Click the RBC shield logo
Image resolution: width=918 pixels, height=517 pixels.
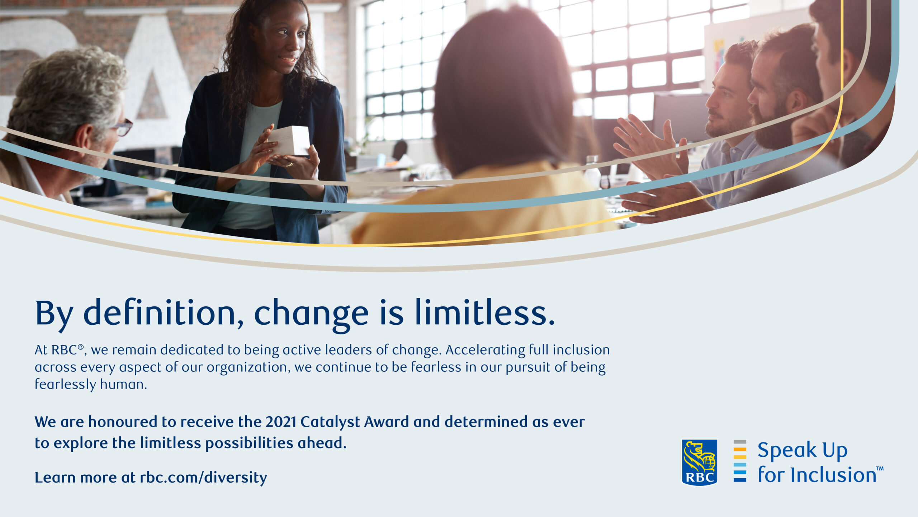[x=699, y=462]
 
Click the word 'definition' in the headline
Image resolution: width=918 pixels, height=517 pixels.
[x=159, y=312]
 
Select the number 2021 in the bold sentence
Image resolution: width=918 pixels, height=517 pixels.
[x=280, y=422]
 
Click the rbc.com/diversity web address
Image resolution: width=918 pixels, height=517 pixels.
[x=203, y=478]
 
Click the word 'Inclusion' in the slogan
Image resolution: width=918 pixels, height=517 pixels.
[x=833, y=475]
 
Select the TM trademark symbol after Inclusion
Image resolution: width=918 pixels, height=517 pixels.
[x=880, y=468]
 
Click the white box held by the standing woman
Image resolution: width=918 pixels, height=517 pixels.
[x=290, y=141]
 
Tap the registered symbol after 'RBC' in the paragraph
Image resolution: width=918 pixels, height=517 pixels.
[x=81, y=347]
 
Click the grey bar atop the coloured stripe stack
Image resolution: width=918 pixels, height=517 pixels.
[x=740, y=442]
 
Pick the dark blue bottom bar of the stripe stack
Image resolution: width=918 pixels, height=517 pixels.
[x=740, y=480]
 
